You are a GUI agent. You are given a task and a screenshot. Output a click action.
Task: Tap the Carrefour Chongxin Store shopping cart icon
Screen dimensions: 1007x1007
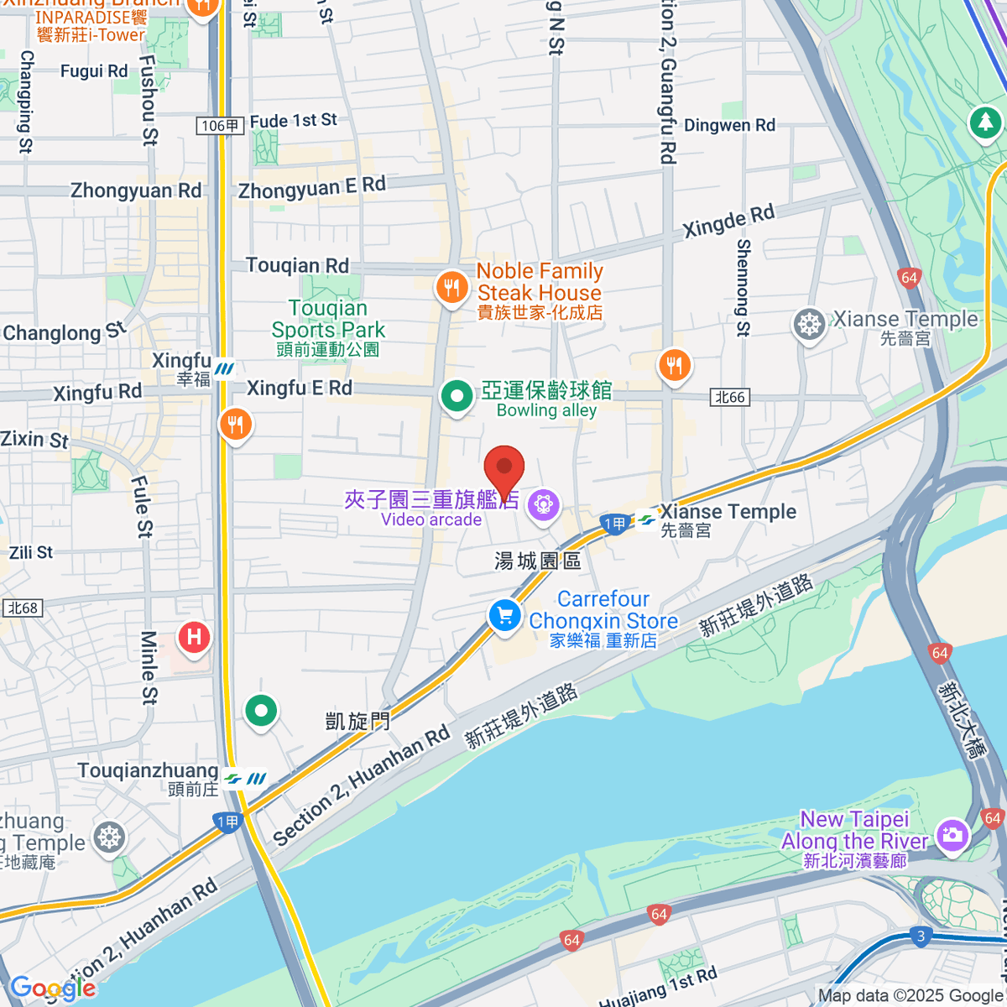504,616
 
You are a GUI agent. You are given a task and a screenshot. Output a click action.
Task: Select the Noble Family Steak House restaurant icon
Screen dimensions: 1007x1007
452,289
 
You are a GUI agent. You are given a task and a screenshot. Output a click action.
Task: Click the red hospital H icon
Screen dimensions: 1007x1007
195,637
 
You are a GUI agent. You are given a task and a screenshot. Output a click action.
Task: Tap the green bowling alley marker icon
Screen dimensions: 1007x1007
457,395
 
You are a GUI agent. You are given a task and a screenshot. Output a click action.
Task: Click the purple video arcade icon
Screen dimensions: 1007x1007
545,504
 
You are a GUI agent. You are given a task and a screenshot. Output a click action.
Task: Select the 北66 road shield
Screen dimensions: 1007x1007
729,398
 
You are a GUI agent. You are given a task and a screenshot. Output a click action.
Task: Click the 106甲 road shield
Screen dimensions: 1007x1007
221,126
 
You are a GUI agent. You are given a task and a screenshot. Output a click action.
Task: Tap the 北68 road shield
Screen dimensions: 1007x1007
23,608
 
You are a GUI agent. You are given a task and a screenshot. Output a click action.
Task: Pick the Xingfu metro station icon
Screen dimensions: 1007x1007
224,369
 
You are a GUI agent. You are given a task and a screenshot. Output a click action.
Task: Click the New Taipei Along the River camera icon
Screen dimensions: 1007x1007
952,834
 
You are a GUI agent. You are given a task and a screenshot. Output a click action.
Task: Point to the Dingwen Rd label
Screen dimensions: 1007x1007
729,126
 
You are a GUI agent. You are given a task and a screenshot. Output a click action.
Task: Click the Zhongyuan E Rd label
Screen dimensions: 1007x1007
311,188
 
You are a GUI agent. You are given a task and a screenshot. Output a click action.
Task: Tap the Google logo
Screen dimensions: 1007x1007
52,989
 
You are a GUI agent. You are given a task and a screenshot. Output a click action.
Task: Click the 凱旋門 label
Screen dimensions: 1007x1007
357,721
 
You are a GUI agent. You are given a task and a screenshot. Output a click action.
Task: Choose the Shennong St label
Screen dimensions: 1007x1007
743,288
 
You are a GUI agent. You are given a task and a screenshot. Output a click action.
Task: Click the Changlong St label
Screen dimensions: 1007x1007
64,332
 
